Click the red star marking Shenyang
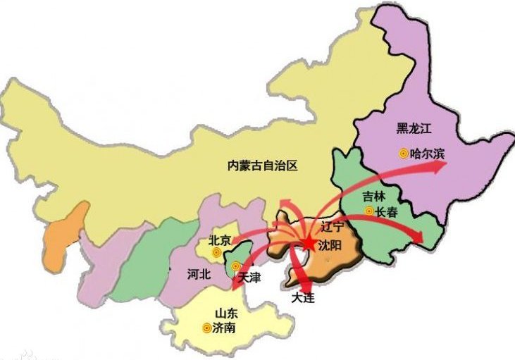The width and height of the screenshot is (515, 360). coord(310,243)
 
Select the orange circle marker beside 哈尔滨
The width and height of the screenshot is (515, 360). coord(404,152)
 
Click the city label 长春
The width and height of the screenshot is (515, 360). coord(386,211)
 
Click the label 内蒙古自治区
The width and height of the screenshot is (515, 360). coord(263,166)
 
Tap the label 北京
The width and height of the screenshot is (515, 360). coord(220,240)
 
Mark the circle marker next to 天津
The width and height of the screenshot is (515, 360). coord(235,266)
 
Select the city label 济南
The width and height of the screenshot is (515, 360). coord(225,328)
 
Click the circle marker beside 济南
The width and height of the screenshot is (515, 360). coord(206,328)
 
